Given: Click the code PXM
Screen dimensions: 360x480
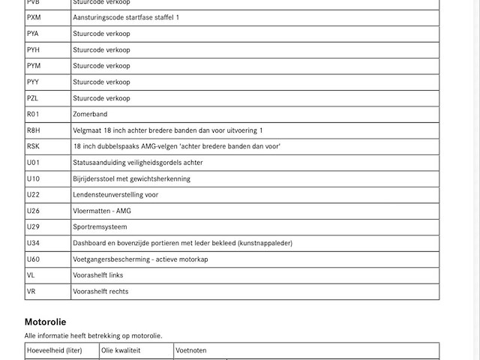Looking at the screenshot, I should coord(34,17).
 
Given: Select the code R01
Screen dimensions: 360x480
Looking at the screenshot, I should coord(33,114).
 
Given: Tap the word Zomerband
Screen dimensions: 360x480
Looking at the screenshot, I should coord(90,114).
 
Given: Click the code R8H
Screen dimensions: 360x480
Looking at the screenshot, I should coord(34,130).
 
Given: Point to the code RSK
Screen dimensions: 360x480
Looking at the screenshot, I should coord(33,146).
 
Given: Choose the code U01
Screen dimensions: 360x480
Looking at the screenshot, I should coord(33,163).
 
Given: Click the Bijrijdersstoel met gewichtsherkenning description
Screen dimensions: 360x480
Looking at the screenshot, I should coord(131,178).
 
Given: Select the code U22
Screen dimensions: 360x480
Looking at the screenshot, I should coord(33,195).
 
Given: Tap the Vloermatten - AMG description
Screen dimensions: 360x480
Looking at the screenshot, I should coord(102,211).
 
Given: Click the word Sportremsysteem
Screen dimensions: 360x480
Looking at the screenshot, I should coord(100,227).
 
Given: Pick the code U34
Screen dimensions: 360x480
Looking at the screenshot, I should coord(33,243).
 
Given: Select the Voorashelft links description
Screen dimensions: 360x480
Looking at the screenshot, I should coord(98,275).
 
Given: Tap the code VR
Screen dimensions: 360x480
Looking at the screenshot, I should coord(31,292).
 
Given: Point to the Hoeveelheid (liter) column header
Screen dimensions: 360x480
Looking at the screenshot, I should coord(55,350).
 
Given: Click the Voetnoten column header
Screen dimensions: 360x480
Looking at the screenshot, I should coord(191,350).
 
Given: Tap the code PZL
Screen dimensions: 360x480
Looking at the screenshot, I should coord(32,98).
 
